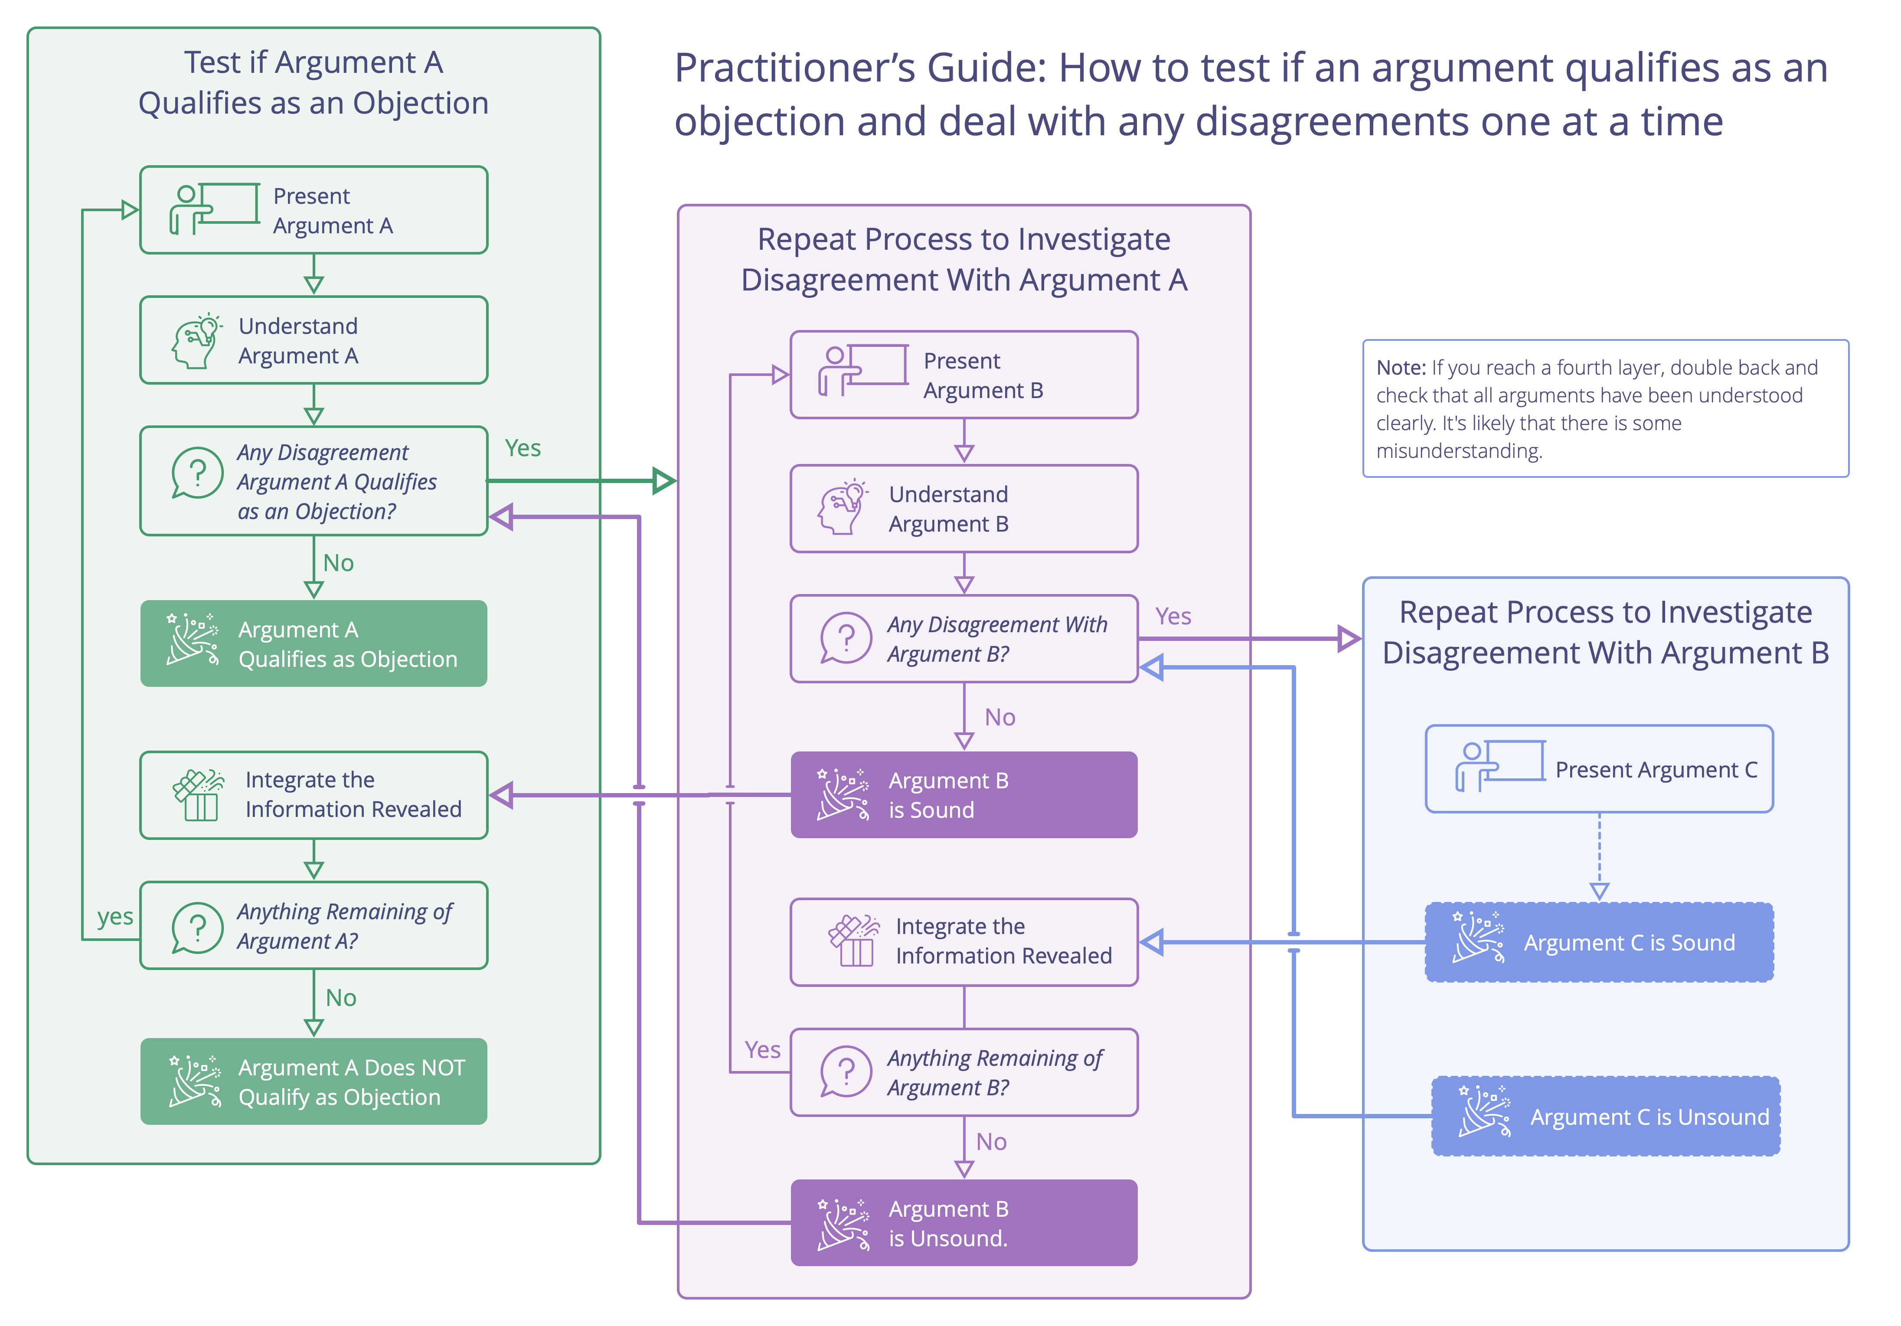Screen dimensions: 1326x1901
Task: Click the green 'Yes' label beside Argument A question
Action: pyautogui.click(x=523, y=448)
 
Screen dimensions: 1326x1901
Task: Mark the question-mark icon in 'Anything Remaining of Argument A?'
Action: pyautogui.click(x=197, y=927)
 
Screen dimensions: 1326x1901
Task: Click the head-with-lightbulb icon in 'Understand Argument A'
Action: pyautogui.click(x=196, y=340)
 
